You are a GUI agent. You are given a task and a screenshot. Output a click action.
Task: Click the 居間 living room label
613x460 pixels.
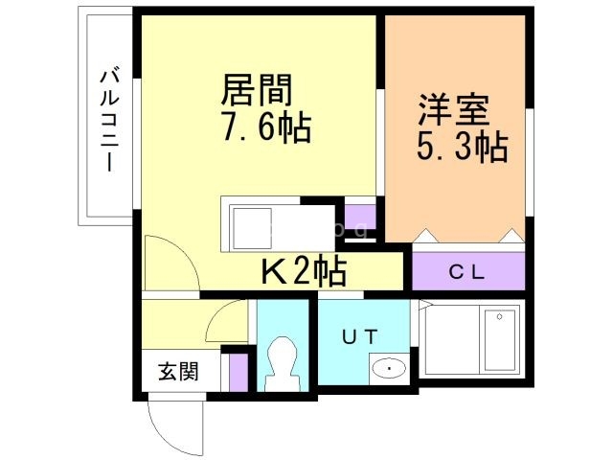point(256,90)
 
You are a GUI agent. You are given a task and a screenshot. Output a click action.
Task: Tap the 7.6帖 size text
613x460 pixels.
point(266,126)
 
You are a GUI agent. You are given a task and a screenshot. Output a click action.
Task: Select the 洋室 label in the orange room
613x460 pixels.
point(454,109)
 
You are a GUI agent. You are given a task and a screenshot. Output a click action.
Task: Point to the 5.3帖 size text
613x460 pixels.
point(463,147)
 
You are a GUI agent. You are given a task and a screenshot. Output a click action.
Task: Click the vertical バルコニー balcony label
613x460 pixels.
point(109,121)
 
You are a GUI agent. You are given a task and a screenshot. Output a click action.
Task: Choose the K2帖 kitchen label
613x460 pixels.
point(304,270)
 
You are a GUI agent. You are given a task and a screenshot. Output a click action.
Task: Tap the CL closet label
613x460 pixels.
point(466,272)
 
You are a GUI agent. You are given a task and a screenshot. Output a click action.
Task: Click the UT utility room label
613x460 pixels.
point(360,336)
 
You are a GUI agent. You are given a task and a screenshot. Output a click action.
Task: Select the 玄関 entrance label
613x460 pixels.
point(178,371)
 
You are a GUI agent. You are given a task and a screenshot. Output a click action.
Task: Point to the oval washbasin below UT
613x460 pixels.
point(389,368)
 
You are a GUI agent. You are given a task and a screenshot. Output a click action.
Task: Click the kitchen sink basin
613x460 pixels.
point(252,229)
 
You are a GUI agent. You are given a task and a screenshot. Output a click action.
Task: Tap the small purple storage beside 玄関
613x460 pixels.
point(238,372)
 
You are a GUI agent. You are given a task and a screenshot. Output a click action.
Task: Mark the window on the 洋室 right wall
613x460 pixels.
point(530,162)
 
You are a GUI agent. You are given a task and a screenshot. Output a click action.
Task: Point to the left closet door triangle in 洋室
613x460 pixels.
point(426,236)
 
